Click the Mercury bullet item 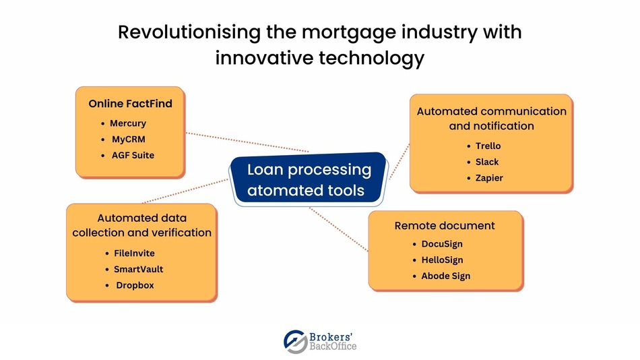click(128, 123)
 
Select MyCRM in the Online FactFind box click(128, 140)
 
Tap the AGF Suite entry click(133, 155)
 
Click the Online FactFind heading click(130, 104)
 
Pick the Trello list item click(488, 146)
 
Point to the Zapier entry click(488, 178)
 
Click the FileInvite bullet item click(134, 253)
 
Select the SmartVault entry click(138, 269)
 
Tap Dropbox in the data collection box click(135, 285)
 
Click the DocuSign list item click(441, 243)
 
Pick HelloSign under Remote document click(442, 260)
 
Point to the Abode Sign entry click(445, 276)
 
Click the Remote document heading click(445, 225)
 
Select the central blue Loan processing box click(309, 179)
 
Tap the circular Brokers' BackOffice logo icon click(295, 341)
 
